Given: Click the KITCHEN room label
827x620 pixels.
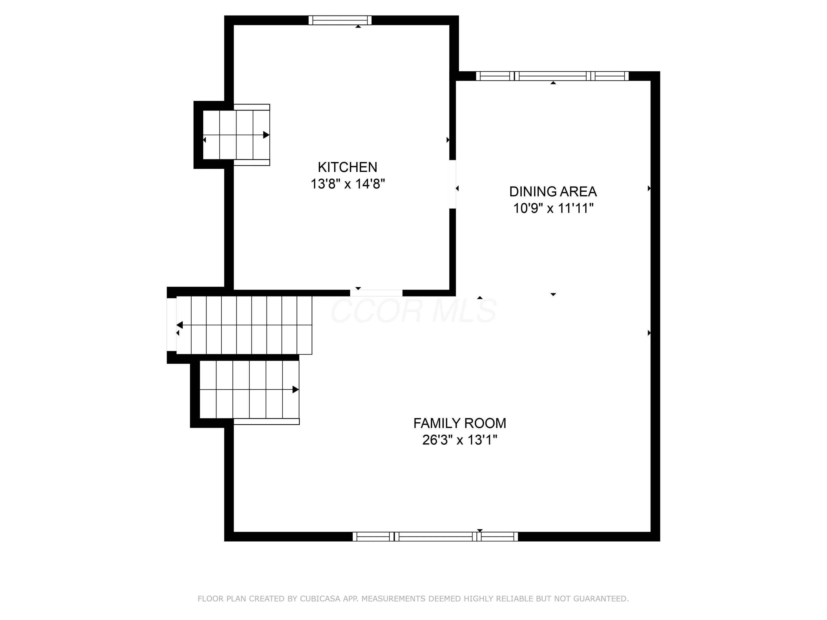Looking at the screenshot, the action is point(347,167).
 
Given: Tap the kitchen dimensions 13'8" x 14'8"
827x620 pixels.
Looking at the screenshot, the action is point(348,184).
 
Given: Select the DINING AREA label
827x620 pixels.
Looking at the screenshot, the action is point(553,192).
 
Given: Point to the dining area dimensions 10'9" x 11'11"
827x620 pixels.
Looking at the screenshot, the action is point(553,208).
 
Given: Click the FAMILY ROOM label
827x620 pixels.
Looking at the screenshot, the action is point(460,424).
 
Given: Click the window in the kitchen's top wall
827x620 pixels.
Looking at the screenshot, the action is point(340,20).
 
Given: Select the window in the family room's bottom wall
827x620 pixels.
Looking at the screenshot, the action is point(435,537).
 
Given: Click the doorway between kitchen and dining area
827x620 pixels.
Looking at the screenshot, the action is point(452,184).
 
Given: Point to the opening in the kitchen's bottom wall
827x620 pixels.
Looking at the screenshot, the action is point(376,293).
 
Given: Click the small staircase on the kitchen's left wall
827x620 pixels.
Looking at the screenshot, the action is point(236,135).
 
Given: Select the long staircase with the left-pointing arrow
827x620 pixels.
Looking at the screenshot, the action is point(244,325).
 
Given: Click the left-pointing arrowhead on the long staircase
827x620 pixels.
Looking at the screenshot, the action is point(180,325).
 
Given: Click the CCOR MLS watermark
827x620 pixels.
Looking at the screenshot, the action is point(413,311).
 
